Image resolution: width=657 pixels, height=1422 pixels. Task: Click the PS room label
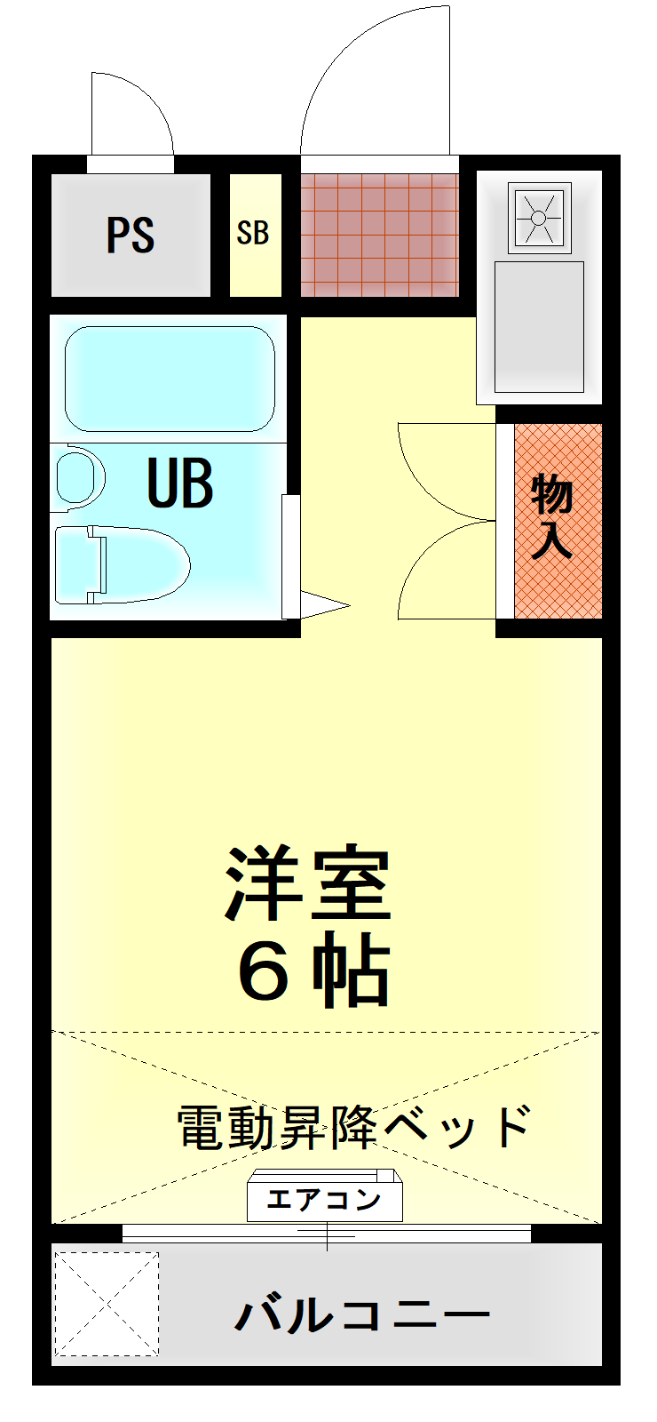point(131,235)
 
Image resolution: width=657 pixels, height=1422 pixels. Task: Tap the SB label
point(253,233)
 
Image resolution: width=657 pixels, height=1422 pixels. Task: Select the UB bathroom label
point(180,483)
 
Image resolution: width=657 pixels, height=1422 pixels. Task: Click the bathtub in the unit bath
point(169,379)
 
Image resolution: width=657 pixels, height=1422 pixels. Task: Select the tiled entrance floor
point(379,235)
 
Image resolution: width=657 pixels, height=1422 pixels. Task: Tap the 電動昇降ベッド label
point(353,1126)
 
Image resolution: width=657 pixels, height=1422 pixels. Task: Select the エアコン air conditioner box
point(325,1199)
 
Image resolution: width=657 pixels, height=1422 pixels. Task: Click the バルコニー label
point(362,1314)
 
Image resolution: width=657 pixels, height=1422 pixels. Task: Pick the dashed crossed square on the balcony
point(107,1304)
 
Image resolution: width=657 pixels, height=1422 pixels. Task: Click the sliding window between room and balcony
point(326,1234)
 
